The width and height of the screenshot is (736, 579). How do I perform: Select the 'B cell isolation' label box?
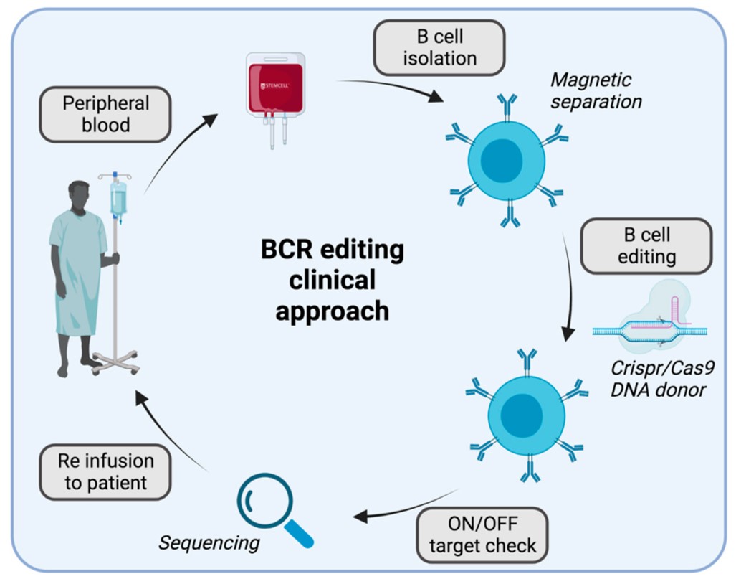439,47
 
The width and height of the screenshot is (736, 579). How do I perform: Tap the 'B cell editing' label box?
646,246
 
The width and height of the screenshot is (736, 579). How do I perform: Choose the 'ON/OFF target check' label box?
482,534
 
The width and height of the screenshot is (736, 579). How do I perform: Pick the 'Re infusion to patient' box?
105,471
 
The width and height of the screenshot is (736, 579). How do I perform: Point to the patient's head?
80,197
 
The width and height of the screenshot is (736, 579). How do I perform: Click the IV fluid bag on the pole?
118,197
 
